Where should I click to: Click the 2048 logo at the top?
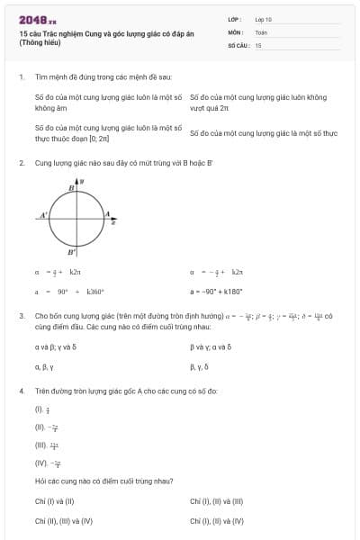[x=37, y=19]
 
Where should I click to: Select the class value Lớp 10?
[x=264, y=19]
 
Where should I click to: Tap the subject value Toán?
[x=261, y=31]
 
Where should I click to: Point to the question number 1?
[x=21, y=78]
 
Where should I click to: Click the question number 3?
[x=21, y=316]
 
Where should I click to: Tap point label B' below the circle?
[x=71, y=253]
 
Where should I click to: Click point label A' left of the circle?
[x=43, y=216]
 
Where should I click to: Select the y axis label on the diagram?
[x=83, y=181]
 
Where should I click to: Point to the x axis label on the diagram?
[x=113, y=220]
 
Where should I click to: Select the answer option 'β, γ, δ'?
[x=199, y=367]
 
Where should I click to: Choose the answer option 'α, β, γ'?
[x=44, y=367]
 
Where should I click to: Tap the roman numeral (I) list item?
[x=40, y=409]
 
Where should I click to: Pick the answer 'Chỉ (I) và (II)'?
[x=54, y=501]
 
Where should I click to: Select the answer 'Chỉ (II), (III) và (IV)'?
[x=64, y=520]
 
